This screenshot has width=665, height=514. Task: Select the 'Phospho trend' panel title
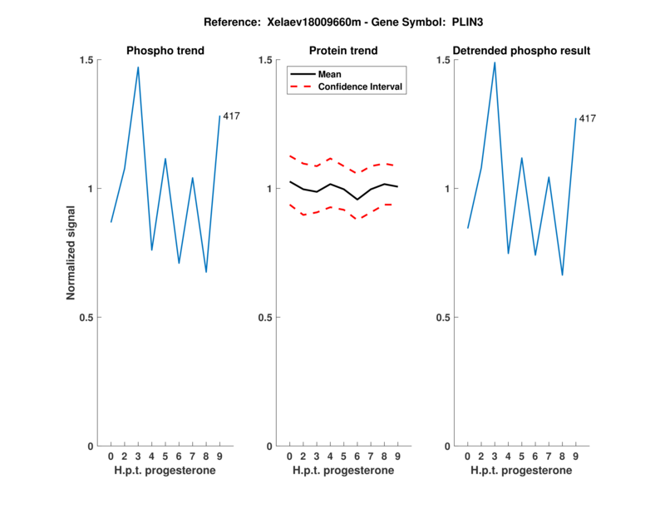pos(165,51)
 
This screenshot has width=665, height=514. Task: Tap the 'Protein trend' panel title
pos(343,51)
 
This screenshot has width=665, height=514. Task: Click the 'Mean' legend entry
pos(330,74)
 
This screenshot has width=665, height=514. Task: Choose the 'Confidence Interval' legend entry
pos(362,86)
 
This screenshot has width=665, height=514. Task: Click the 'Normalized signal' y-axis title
pos(71,253)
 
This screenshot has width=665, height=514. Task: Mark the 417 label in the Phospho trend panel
pos(231,116)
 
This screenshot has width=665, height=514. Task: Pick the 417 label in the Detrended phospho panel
pos(588,119)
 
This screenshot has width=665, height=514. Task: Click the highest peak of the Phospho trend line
pos(138,67)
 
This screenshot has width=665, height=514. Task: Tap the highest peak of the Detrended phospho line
pos(495,62)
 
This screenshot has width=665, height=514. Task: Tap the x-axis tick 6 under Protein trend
pos(357,457)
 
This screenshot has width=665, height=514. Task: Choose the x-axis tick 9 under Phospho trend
pos(219,457)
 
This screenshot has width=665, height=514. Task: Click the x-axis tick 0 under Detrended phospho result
pos(468,457)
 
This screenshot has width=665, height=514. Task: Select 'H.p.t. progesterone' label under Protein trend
pos(343,471)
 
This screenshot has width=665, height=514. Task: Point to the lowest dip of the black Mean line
pos(357,200)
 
